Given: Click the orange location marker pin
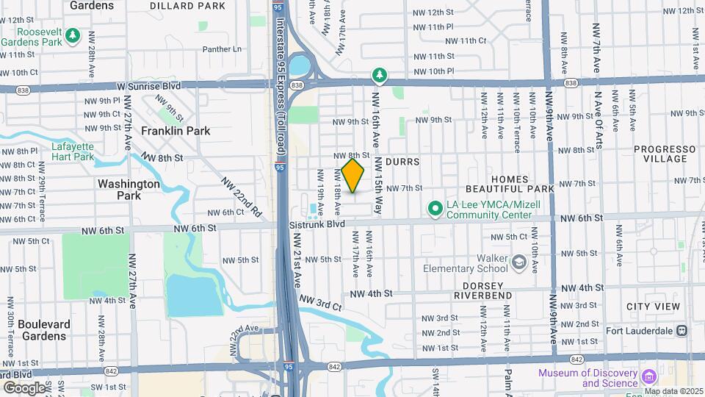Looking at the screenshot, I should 353,176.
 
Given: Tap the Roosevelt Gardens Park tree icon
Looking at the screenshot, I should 72,35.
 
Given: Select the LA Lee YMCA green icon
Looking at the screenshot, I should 435,210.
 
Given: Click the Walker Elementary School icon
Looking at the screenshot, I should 519,262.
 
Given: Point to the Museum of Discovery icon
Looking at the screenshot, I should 648,377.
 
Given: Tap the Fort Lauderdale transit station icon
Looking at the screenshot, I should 682,330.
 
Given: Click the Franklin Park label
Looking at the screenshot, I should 176,131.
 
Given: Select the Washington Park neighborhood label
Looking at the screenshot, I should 129,190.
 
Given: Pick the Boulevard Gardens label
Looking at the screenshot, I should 43,330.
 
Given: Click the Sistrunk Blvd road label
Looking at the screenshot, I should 317,223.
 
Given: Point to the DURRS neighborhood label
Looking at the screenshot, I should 400,161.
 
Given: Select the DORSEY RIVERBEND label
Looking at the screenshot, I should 482,290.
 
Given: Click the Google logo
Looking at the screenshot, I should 24,387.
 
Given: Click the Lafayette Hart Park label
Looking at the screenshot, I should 73,151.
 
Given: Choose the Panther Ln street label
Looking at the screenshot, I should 222,50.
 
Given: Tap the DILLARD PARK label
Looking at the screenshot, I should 187,6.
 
